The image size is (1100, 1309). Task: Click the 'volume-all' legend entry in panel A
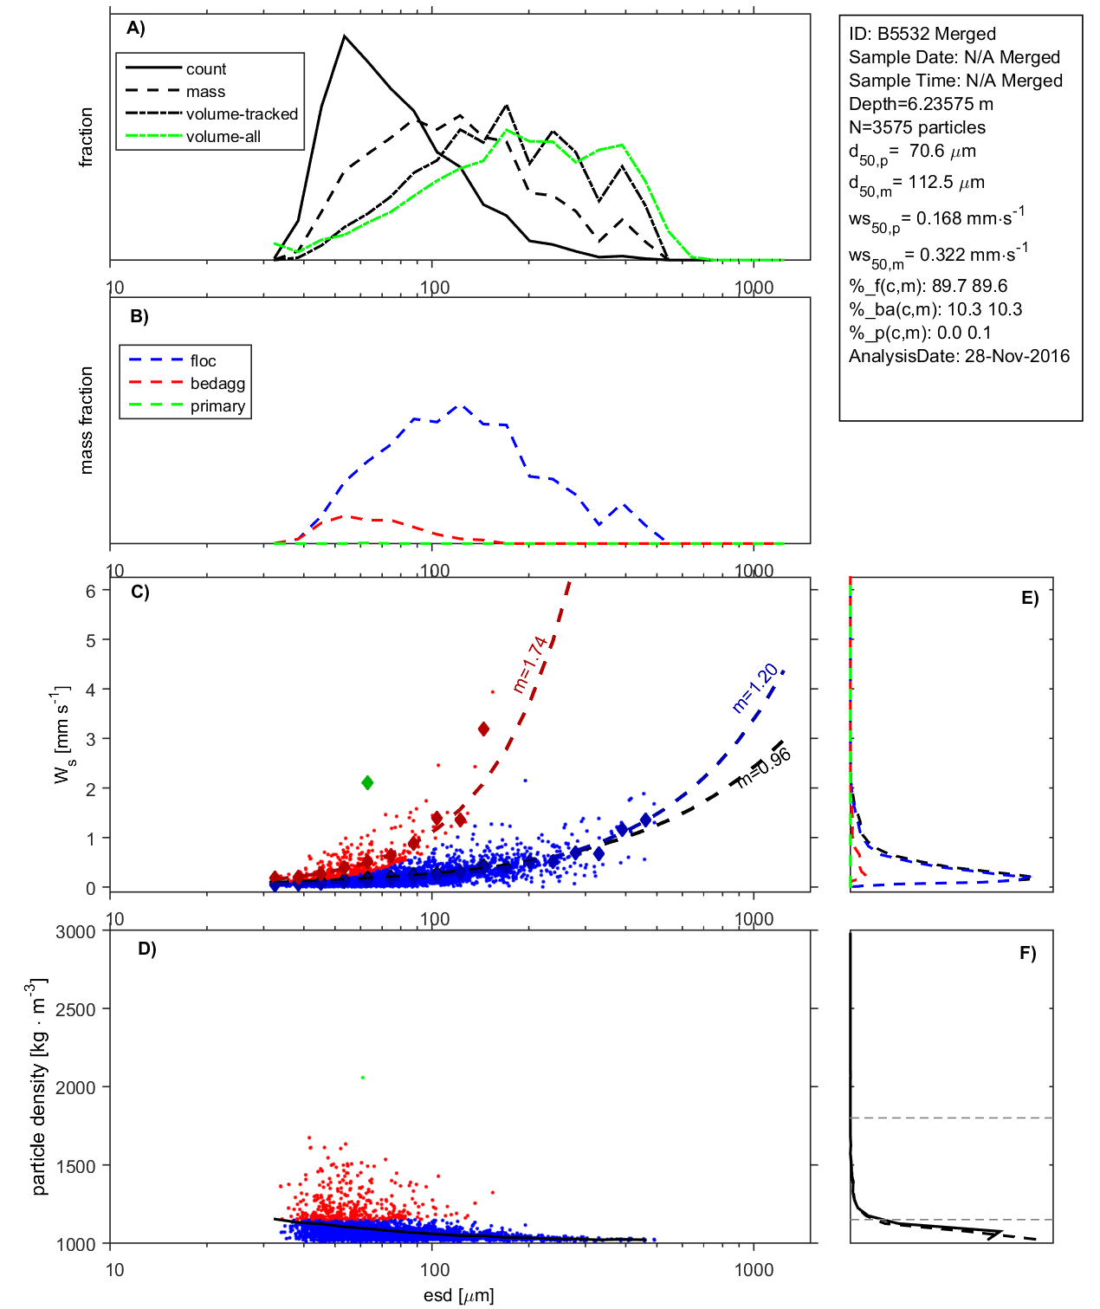(x=223, y=137)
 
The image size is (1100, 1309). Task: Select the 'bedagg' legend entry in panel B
(x=217, y=384)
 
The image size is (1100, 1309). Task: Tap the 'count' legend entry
(x=206, y=69)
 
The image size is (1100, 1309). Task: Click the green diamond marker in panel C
(x=367, y=782)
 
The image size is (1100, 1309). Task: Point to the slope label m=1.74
(x=530, y=664)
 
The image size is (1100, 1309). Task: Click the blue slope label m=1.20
(x=755, y=688)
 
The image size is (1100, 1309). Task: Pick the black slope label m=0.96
(x=764, y=768)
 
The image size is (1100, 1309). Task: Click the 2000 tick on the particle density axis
(x=75, y=1087)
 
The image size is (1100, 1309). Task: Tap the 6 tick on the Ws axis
(x=90, y=591)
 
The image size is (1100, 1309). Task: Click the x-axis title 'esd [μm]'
(x=459, y=1295)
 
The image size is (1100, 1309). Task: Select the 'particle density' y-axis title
(x=39, y=1087)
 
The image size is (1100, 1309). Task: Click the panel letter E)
(x=1030, y=598)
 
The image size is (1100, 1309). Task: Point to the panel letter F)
(x=1028, y=953)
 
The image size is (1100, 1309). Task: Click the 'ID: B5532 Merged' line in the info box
(x=922, y=34)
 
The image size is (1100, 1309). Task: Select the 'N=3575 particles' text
(x=916, y=127)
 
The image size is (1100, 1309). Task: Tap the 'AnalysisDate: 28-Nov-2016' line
(x=959, y=356)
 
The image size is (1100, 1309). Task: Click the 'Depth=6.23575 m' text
(x=921, y=104)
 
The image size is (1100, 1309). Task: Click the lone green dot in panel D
(x=363, y=1078)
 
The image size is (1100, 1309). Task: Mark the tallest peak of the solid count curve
(x=345, y=36)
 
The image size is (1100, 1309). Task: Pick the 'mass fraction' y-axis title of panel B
(x=86, y=420)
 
